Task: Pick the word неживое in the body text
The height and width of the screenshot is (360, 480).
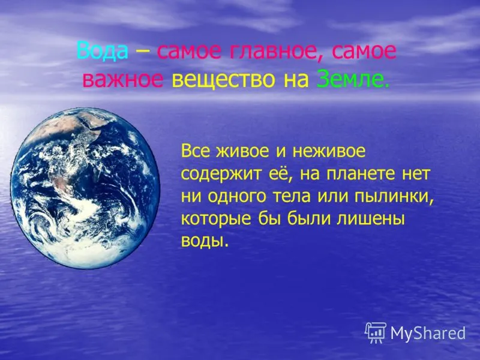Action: [328, 152]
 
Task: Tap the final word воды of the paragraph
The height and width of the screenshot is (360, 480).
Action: [205, 241]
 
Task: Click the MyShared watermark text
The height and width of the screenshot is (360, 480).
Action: [428, 333]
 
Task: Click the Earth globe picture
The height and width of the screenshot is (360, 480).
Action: [85, 188]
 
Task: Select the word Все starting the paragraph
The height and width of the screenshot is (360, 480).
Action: [196, 151]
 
